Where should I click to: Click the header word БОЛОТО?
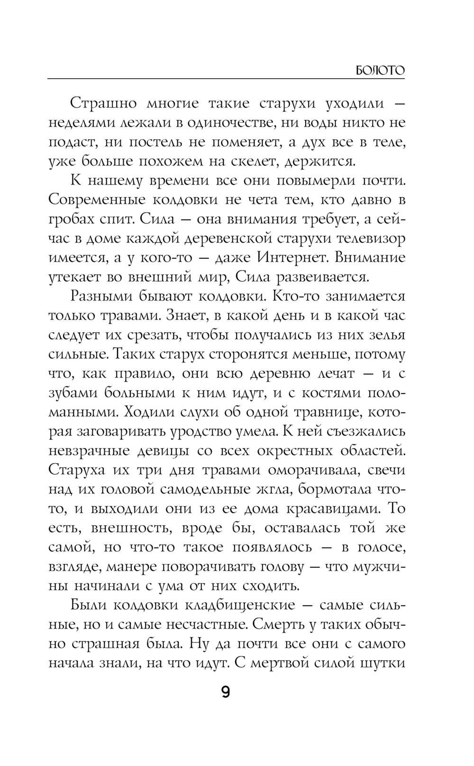380,71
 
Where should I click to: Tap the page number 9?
226,693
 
